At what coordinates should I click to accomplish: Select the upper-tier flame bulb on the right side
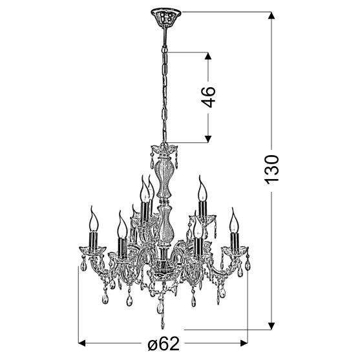pos(203,189)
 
